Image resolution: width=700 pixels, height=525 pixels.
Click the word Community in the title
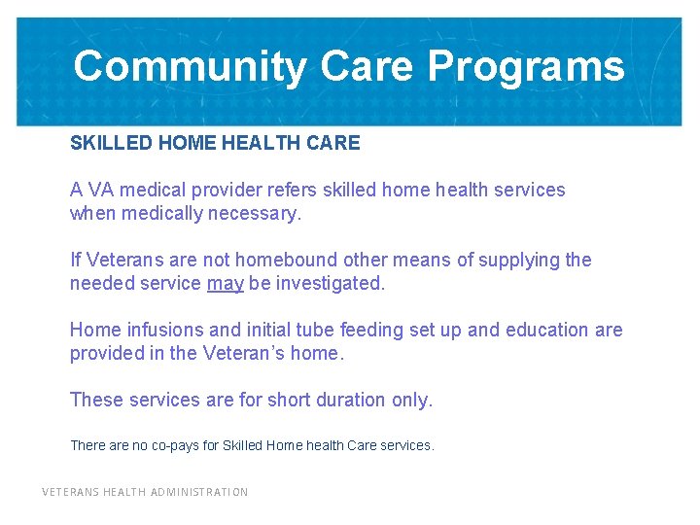click(190, 67)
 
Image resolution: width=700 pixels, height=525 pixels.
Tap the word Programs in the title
click(526, 67)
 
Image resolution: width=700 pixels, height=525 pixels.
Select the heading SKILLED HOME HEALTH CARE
click(215, 143)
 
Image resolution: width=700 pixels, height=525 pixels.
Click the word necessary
click(257, 213)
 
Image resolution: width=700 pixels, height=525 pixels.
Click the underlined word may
click(226, 283)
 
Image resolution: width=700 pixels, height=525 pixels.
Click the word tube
click(303, 330)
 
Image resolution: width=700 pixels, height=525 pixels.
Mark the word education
click(544, 330)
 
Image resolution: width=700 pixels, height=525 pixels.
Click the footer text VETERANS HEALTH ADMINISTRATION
click(145, 492)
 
